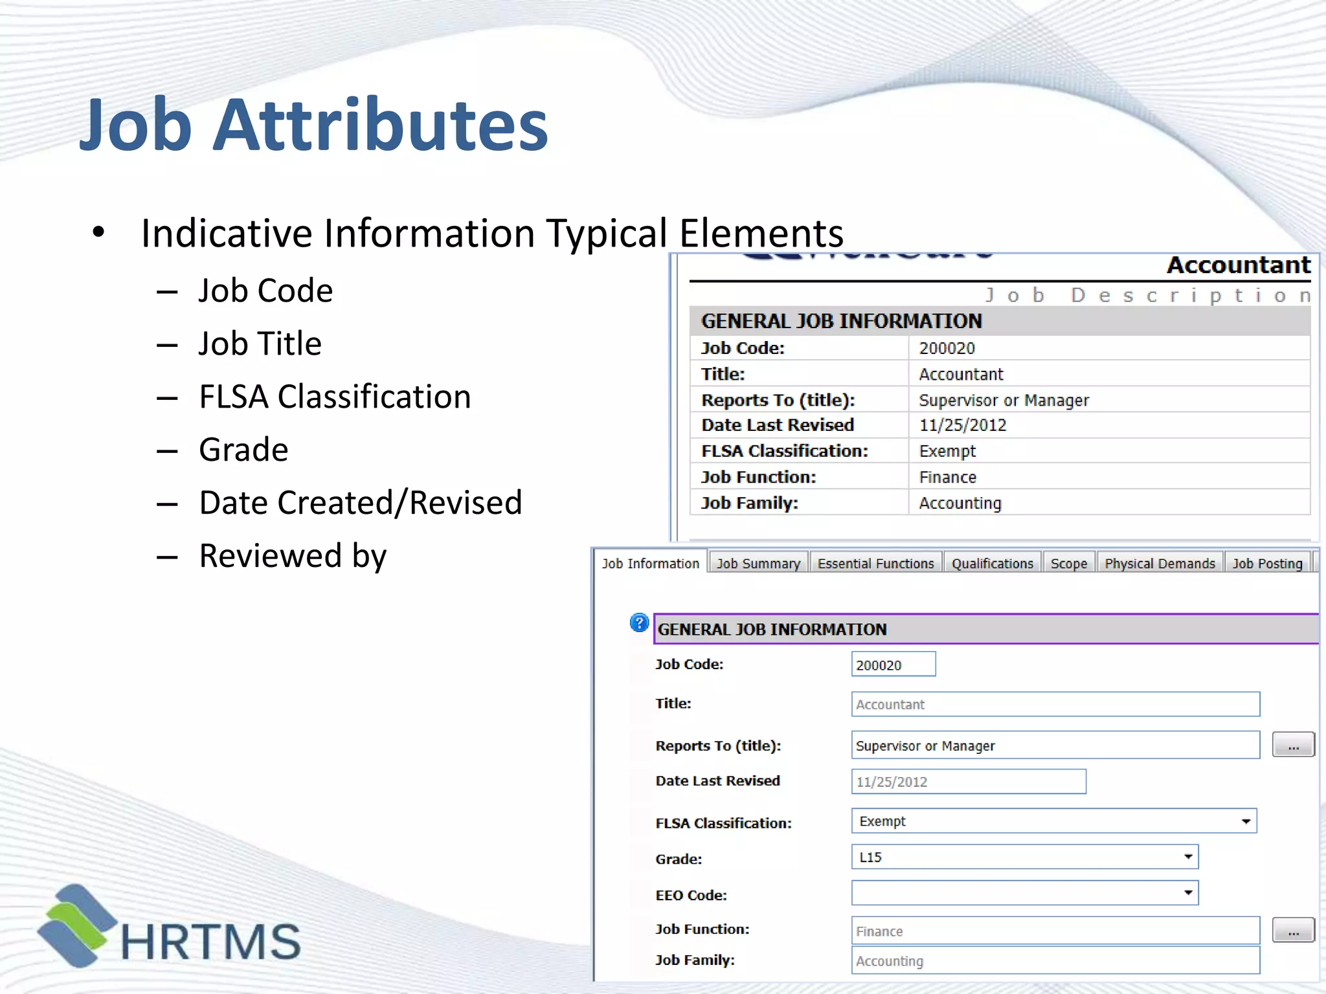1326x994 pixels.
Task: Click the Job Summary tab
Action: [x=758, y=563]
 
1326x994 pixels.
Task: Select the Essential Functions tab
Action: [x=875, y=563]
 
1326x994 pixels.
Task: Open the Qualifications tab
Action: [x=992, y=563]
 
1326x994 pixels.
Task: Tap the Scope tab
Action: [x=1068, y=563]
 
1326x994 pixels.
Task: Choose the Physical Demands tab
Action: [x=1160, y=563]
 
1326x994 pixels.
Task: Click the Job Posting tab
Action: [x=1267, y=563]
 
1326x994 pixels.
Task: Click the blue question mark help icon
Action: [x=639, y=623]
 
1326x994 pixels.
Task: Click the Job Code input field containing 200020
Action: [x=893, y=665]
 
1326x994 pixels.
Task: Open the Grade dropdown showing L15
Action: [x=1024, y=857]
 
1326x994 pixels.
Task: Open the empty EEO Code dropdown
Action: [x=1024, y=893]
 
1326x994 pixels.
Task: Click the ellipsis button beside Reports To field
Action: [x=1293, y=745]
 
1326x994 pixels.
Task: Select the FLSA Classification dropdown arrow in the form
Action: [x=1245, y=821]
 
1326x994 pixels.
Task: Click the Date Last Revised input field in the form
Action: [x=968, y=782]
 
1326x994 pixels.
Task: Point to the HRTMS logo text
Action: [x=210, y=942]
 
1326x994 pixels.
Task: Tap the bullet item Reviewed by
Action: [x=293, y=556]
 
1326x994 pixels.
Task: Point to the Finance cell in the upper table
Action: [x=947, y=478]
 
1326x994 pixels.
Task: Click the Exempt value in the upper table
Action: [x=947, y=451]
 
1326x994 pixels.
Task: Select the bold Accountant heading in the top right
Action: [x=1238, y=265]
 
